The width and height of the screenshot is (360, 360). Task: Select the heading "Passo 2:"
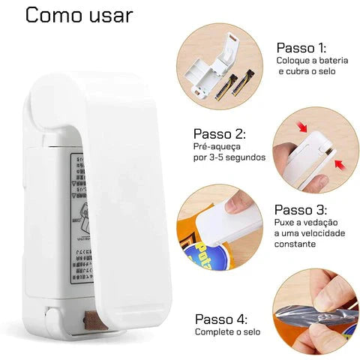(x=220, y=133)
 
